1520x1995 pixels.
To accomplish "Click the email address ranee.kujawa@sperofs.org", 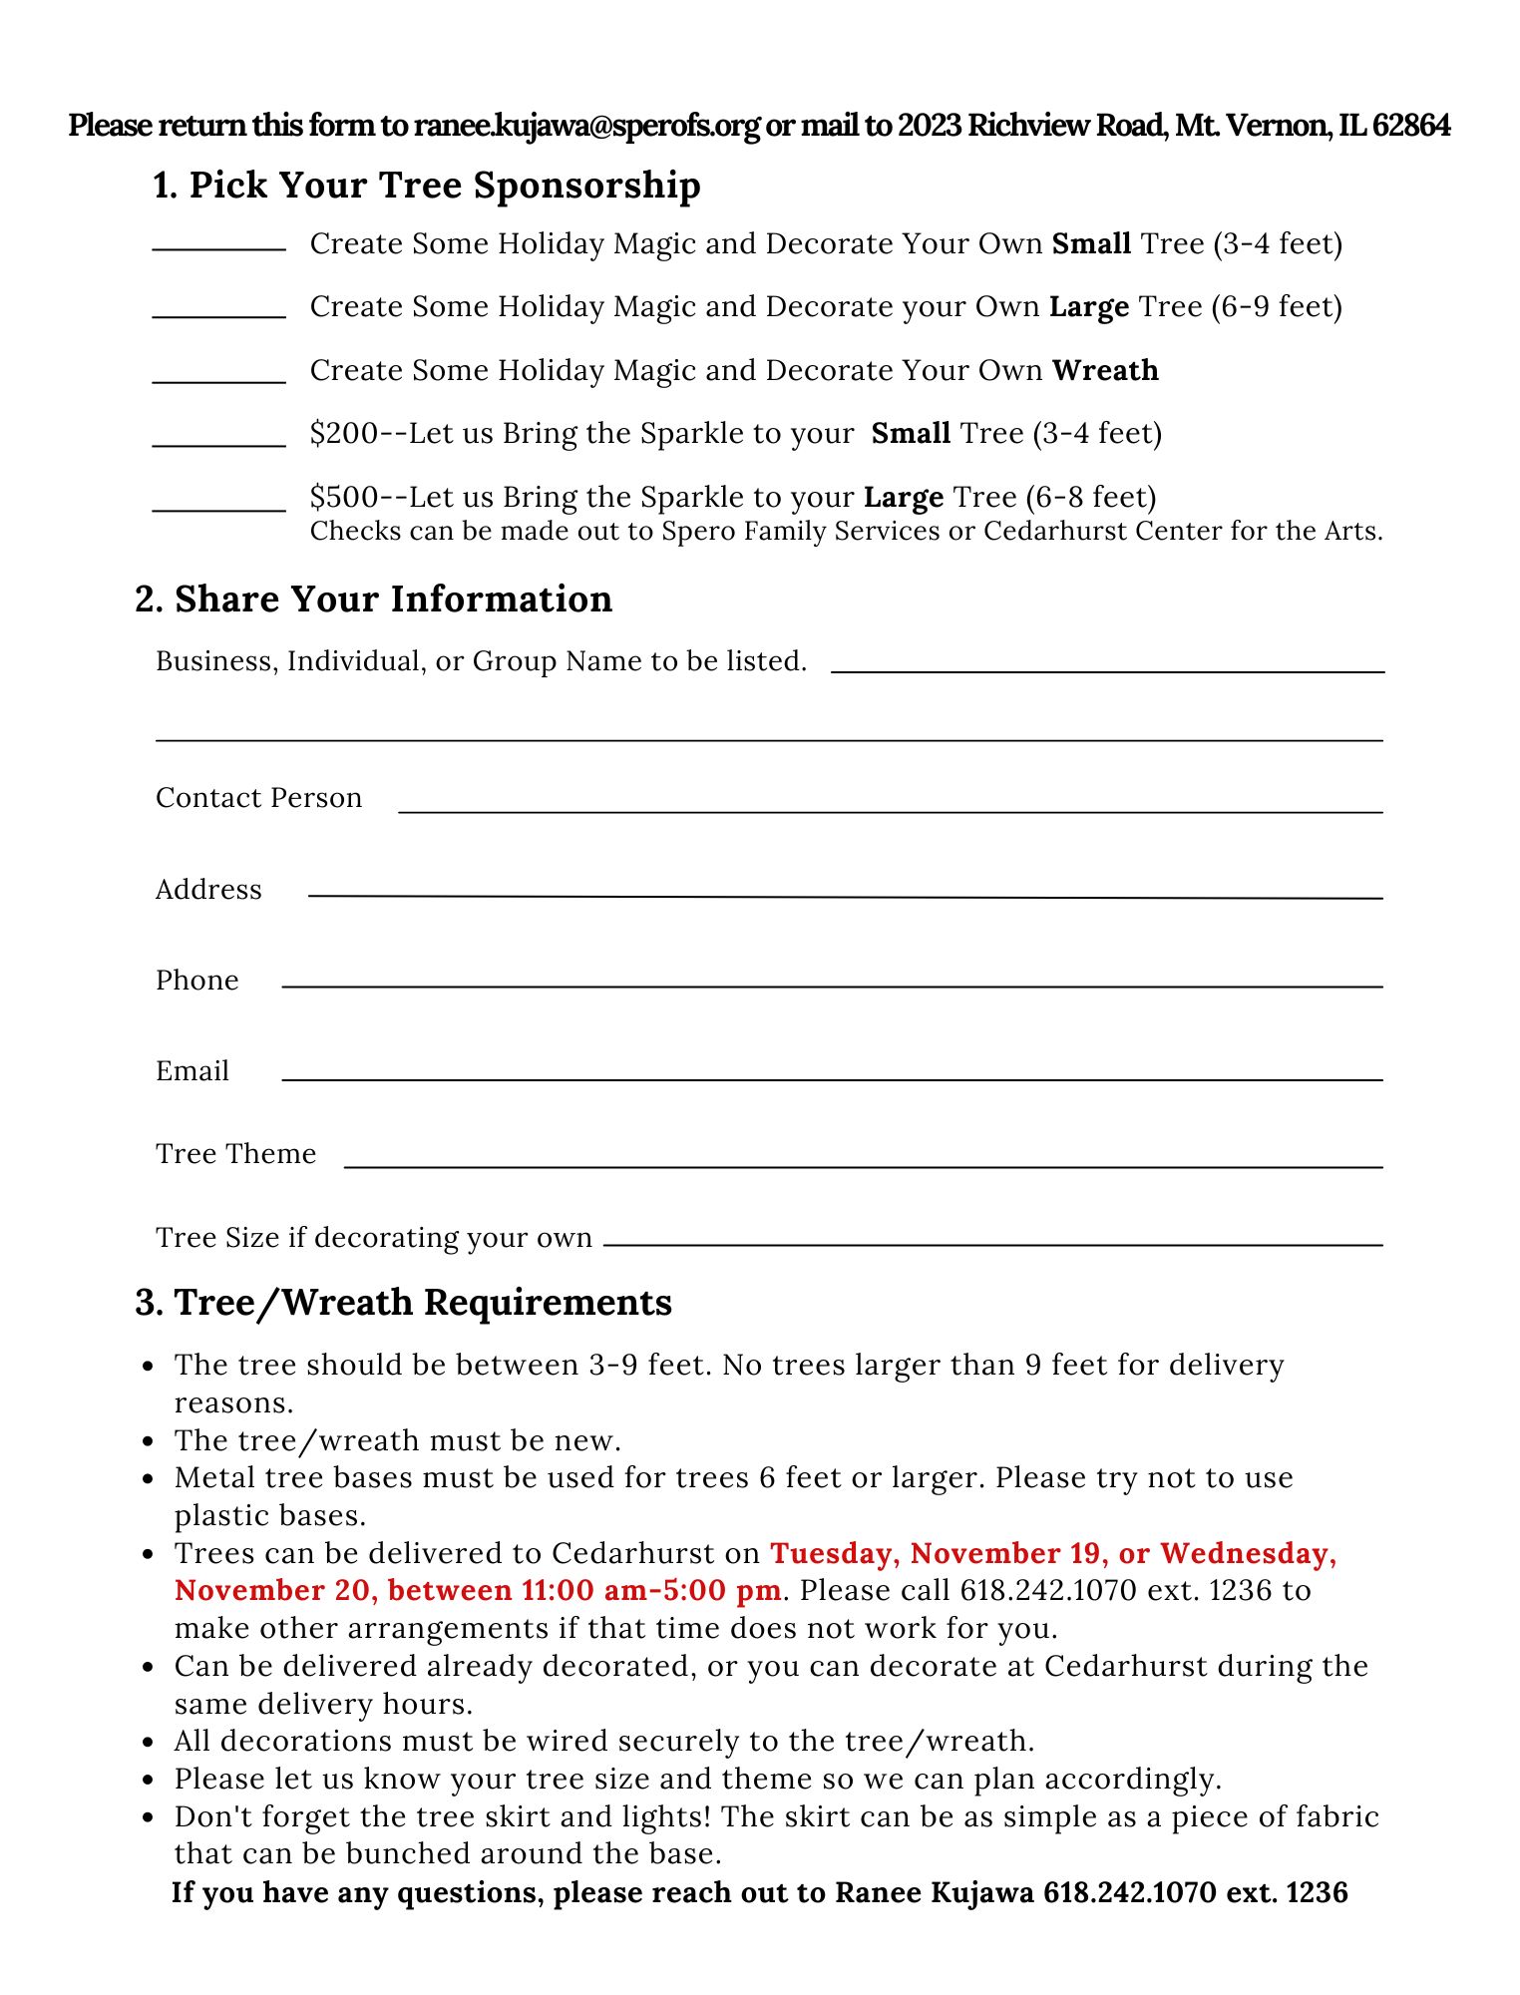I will tap(586, 126).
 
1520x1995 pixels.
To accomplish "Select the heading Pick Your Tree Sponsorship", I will tap(427, 186).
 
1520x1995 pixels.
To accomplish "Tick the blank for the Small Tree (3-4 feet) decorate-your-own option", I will tap(218, 246).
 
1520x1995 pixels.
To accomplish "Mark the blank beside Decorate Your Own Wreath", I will tap(218, 379).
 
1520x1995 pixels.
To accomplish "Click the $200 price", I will tap(344, 434).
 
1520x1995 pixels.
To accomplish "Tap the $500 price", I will tap(344, 497).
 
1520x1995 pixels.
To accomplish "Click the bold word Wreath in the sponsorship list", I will tap(1105, 370).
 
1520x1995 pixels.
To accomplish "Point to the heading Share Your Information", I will tap(374, 599).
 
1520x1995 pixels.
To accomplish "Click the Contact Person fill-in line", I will tap(890, 810).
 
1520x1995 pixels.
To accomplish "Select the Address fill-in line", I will tap(845, 895).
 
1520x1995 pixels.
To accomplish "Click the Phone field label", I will tap(197, 981).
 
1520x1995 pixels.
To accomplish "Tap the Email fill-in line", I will tap(832, 1077).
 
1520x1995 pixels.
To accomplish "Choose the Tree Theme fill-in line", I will tap(863, 1164).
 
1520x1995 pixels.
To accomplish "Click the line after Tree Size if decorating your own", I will tap(992, 1243).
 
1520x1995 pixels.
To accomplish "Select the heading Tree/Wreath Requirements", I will tap(404, 1303).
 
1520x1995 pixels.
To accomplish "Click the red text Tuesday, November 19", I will tap(939, 1553).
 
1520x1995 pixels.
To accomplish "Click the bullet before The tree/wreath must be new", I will tap(149, 1442).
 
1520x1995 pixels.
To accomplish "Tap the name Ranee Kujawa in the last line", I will tap(934, 1892).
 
